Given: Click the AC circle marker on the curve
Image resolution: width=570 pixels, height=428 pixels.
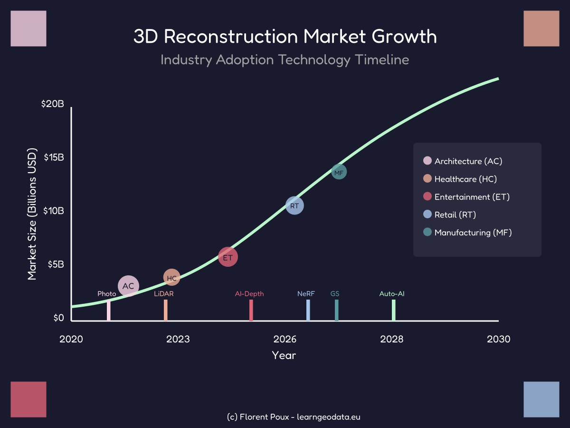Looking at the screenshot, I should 128,286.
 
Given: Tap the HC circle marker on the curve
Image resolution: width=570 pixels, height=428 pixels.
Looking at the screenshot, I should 172,278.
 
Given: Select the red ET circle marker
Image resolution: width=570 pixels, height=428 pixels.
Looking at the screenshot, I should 228,257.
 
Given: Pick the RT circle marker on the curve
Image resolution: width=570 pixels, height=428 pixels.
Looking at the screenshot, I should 294,205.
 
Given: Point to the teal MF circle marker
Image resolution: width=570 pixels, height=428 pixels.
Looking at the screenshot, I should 339,172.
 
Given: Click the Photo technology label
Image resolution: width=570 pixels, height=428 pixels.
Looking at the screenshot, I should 107,294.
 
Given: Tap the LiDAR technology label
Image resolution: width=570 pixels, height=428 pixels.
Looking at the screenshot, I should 164,294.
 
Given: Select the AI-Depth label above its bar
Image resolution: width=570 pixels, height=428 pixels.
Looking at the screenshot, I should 249,294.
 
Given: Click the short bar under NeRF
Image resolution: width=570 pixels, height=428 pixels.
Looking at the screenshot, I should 308,310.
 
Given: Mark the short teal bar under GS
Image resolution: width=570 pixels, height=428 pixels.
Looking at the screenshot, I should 336,310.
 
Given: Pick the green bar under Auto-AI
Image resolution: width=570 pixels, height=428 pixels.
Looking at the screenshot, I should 394,310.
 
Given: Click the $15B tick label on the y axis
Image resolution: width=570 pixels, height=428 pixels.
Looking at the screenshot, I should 54,157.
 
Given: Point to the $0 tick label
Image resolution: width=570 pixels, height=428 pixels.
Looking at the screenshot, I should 58,318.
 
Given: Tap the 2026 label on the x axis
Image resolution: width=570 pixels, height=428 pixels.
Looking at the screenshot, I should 285,339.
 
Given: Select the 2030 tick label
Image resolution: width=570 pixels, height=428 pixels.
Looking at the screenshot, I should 499,339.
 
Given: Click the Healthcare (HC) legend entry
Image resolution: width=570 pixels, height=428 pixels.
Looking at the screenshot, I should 465,179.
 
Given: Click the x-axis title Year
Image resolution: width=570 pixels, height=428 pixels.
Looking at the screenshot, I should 284,355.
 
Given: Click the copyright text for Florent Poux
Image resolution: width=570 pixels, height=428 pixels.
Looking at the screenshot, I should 294,417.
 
